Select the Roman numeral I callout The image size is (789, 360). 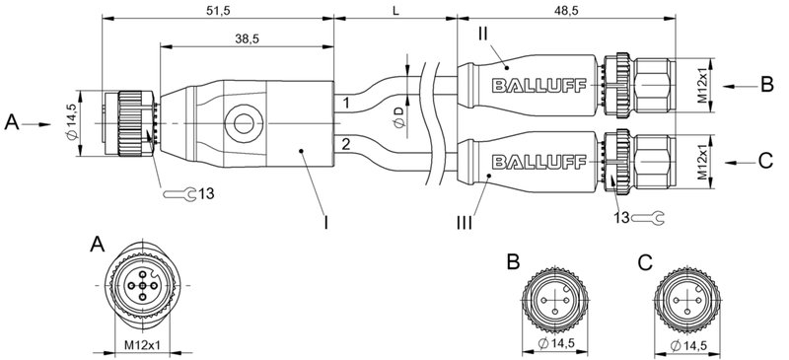[x=326, y=224]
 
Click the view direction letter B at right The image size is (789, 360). [x=766, y=85]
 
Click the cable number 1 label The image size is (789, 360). [x=346, y=102]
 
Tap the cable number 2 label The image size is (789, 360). [x=346, y=146]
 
